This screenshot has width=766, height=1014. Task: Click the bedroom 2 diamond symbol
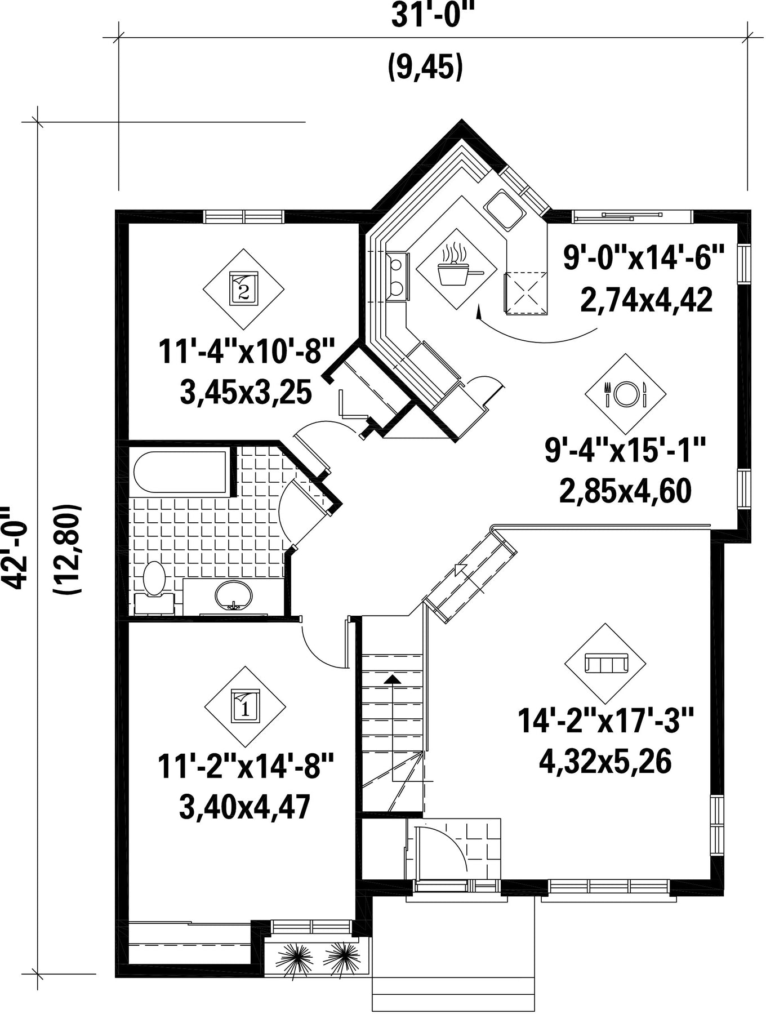click(x=243, y=289)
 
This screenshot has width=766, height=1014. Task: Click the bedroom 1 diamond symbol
click(x=244, y=706)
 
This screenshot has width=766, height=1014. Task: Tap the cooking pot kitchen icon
click(x=457, y=268)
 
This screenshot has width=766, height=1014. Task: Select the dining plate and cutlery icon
click(x=626, y=394)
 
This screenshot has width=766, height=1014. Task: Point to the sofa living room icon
click(x=605, y=664)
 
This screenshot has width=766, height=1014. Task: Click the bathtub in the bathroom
click(x=180, y=472)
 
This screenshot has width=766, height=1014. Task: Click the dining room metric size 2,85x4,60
click(x=625, y=491)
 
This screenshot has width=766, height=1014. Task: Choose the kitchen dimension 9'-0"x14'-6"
click(x=644, y=259)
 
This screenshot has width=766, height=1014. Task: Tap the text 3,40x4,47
click(x=244, y=807)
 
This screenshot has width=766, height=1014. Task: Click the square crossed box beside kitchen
click(x=525, y=292)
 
